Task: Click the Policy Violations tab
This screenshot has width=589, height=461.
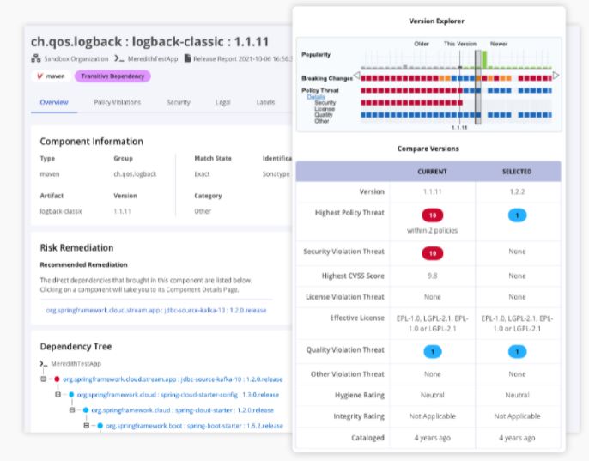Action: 117,102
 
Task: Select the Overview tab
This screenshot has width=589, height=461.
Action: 54,102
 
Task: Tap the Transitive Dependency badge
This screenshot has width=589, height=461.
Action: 112,76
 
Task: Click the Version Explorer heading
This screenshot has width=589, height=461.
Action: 430,21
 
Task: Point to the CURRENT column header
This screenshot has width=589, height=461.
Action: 432,171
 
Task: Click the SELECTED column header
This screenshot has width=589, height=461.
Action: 517,171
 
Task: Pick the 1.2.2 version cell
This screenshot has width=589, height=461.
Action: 517,192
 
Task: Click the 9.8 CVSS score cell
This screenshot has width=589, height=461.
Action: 432,276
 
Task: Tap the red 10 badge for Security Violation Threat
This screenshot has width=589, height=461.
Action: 432,252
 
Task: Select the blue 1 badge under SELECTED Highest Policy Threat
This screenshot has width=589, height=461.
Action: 517,215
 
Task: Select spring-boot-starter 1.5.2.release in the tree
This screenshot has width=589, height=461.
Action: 194,426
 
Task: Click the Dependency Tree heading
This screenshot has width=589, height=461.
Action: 76,347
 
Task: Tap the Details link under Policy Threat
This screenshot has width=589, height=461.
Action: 315,97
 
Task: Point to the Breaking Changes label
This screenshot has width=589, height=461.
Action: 328,77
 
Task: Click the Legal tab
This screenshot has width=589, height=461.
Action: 222,102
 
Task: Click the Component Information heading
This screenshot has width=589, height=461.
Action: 91,141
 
